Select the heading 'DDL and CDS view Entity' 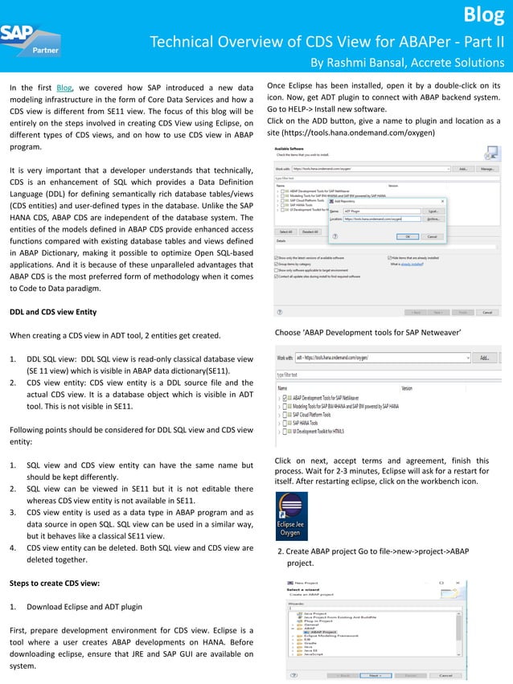pyautogui.click(x=53, y=311)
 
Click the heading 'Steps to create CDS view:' pyautogui.click(x=55, y=581)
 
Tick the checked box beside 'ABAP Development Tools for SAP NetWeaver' pyautogui.click(x=287, y=398)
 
